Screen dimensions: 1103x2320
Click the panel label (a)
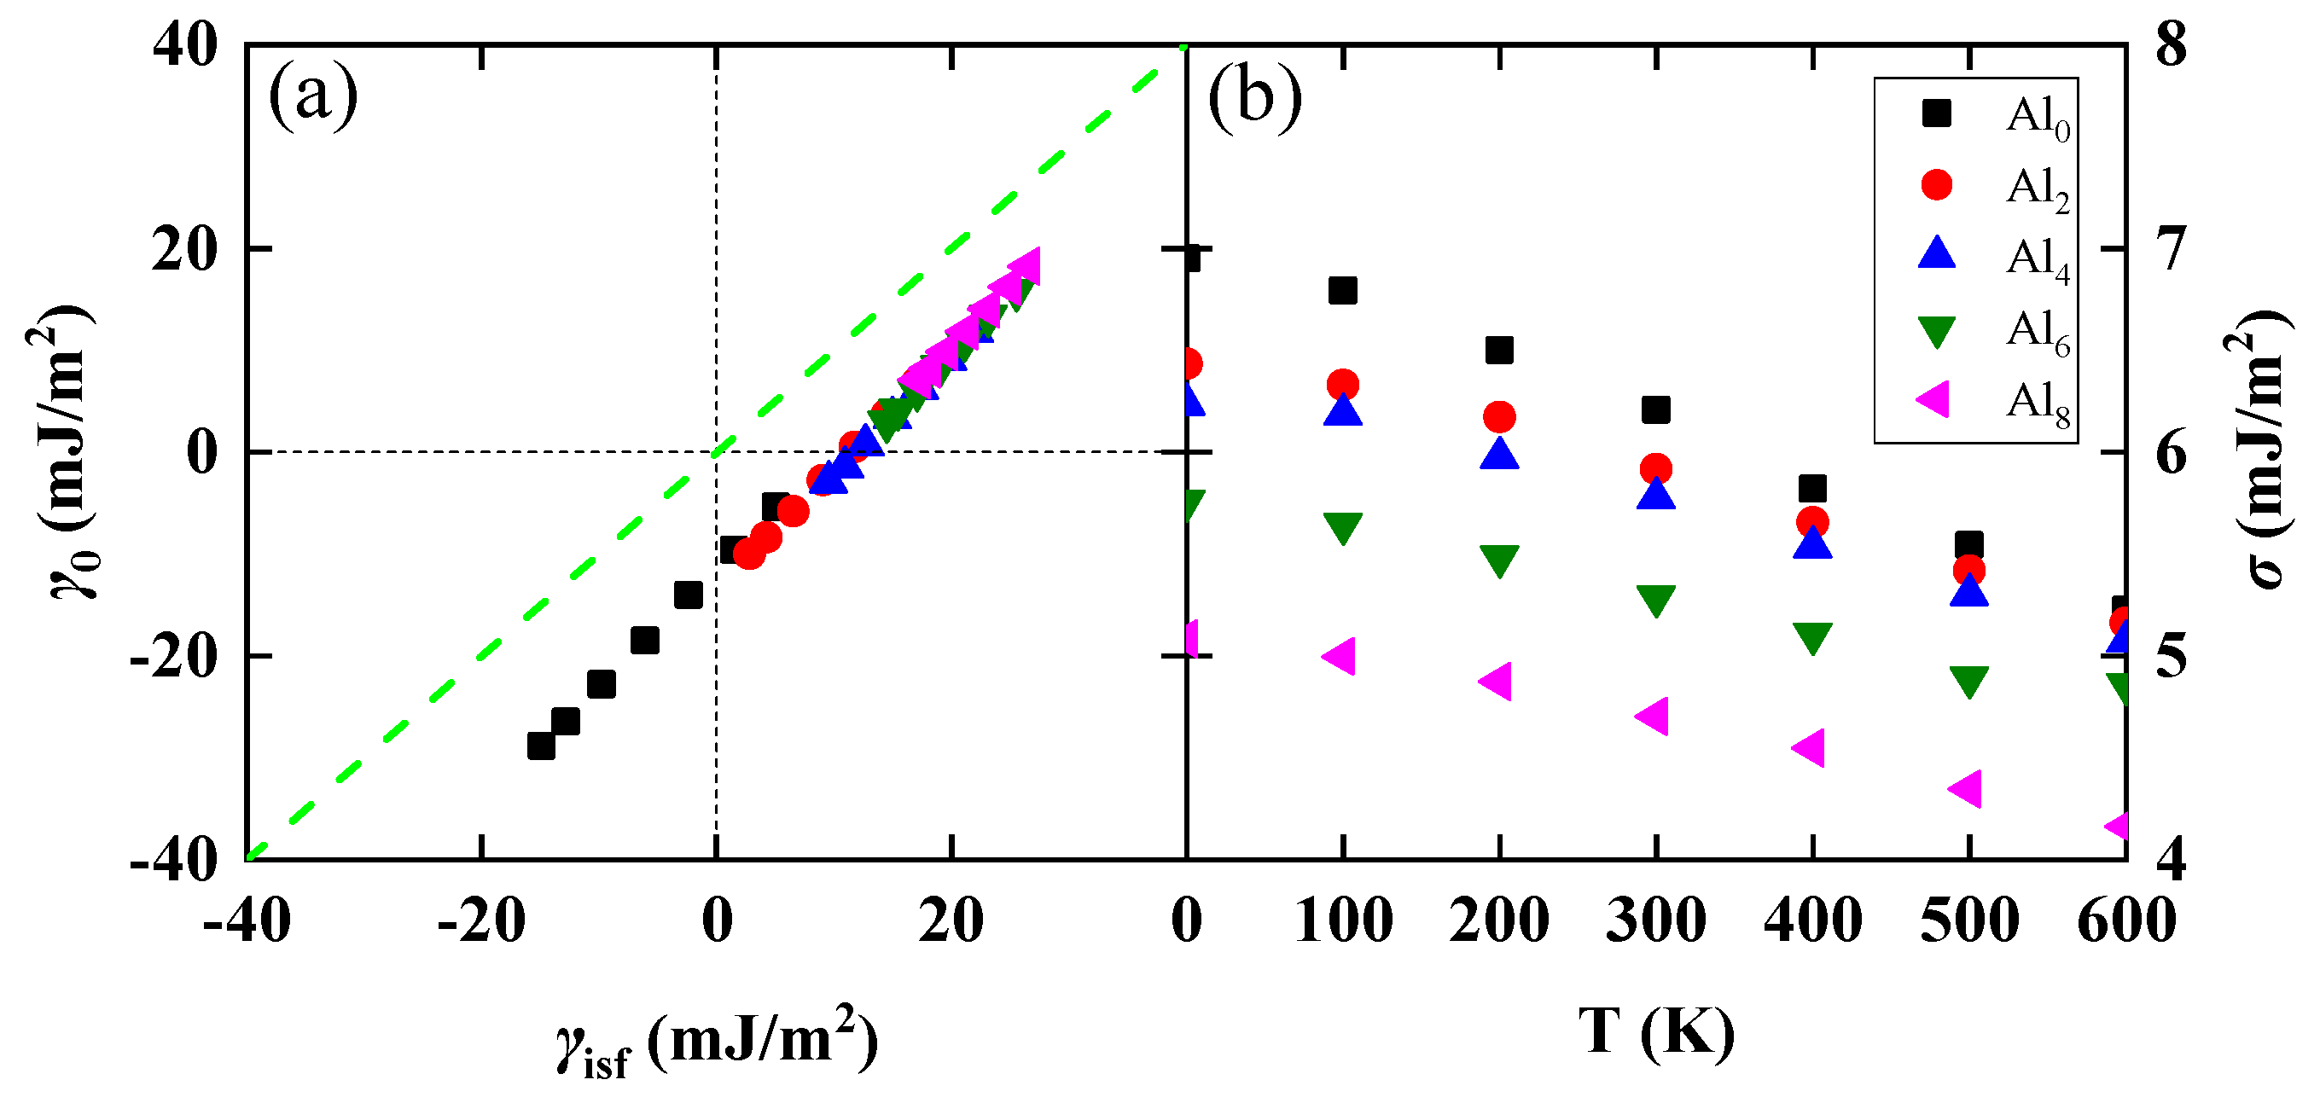pyautogui.click(x=312, y=96)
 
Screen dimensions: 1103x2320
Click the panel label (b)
pyautogui.click(x=1253, y=96)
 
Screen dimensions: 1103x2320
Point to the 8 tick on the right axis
pyautogui.click(x=2170, y=45)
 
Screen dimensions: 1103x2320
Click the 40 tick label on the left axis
pyautogui.click(x=184, y=45)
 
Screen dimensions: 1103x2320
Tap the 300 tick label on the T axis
pyautogui.click(x=1655, y=920)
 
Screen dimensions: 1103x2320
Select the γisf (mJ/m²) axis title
pyautogui.click(x=716, y=1042)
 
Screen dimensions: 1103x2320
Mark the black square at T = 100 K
pyautogui.click(x=1343, y=291)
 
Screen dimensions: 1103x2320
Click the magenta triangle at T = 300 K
pyautogui.click(x=1653, y=717)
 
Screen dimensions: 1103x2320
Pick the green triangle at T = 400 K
pyautogui.click(x=1812, y=637)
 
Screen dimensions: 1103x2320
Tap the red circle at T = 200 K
pyautogui.click(x=1499, y=417)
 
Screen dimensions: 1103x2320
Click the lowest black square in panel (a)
pyautogui.click(x=540, y=746)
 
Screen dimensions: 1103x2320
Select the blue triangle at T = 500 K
pyautogui.click(x=1968, y=590)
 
